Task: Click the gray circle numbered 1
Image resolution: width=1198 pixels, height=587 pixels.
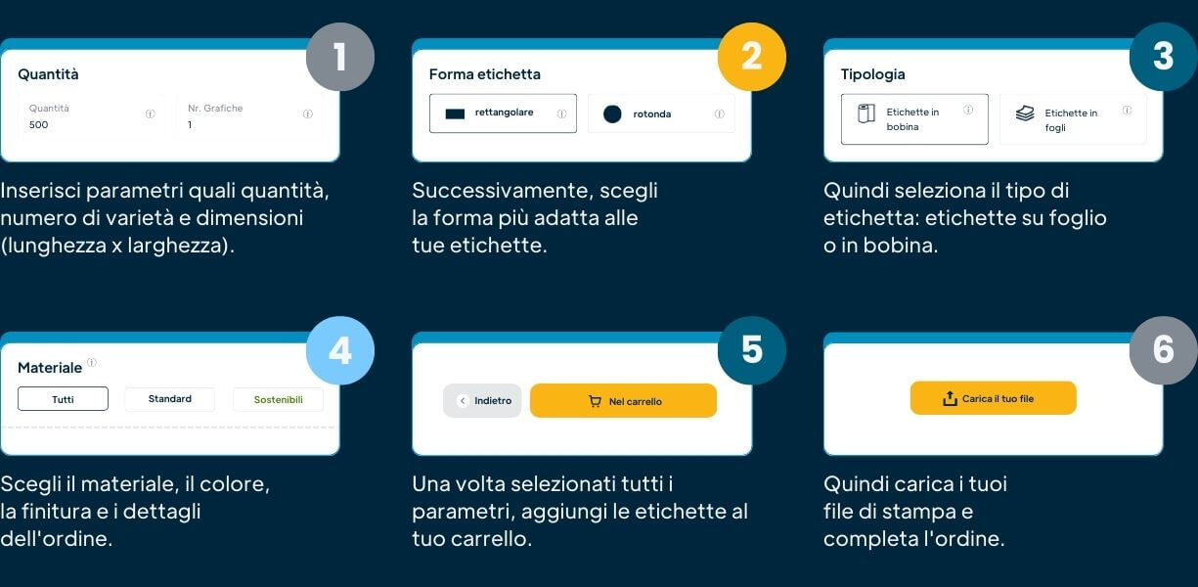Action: coord(339,57)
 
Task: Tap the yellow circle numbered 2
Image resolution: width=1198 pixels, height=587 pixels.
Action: coord(751,57)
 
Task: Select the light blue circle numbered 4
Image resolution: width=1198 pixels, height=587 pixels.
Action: coord(339,350)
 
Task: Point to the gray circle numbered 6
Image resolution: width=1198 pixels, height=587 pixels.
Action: coord(1163,350)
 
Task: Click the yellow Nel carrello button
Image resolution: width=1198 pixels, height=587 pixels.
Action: coord(623,401)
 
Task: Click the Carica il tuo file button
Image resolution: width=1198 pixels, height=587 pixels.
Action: coord(993,398)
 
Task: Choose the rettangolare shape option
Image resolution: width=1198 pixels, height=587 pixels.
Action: coord(503,113)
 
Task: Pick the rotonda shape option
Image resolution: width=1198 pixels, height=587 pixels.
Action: coord(661,114)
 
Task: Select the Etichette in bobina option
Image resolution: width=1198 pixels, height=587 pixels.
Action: coord(914,119)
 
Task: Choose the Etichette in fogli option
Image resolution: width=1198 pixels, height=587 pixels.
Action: coord(1072,120)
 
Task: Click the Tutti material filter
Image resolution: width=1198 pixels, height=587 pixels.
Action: coord(63,399)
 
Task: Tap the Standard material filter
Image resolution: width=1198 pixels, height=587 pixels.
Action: coord(169,399)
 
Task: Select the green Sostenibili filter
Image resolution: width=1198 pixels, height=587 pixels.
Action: coord(278,399)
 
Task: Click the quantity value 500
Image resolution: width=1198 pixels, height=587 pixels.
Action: coord(39,125)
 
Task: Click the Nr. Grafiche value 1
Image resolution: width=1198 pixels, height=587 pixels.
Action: coord(191,125)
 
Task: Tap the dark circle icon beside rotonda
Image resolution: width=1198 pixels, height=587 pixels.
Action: coord(612,114)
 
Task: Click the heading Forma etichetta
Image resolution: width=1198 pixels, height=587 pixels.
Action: coord(484,74)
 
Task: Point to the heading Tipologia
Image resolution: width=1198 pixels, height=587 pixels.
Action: coord(872,74)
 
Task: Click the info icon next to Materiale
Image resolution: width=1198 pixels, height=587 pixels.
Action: coord(92,363)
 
